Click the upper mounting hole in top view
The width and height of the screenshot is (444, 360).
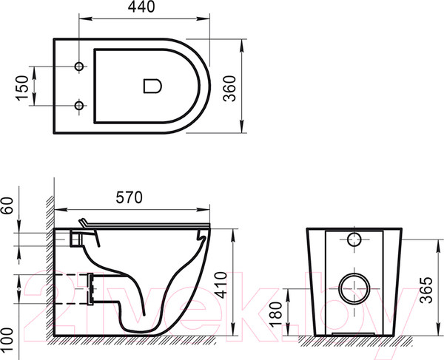pos(79,67)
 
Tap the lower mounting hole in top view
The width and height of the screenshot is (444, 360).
pos(79,106)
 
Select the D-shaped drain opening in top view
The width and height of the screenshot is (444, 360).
pos(151,86)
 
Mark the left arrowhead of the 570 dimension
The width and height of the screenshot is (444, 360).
pos(59,208)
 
